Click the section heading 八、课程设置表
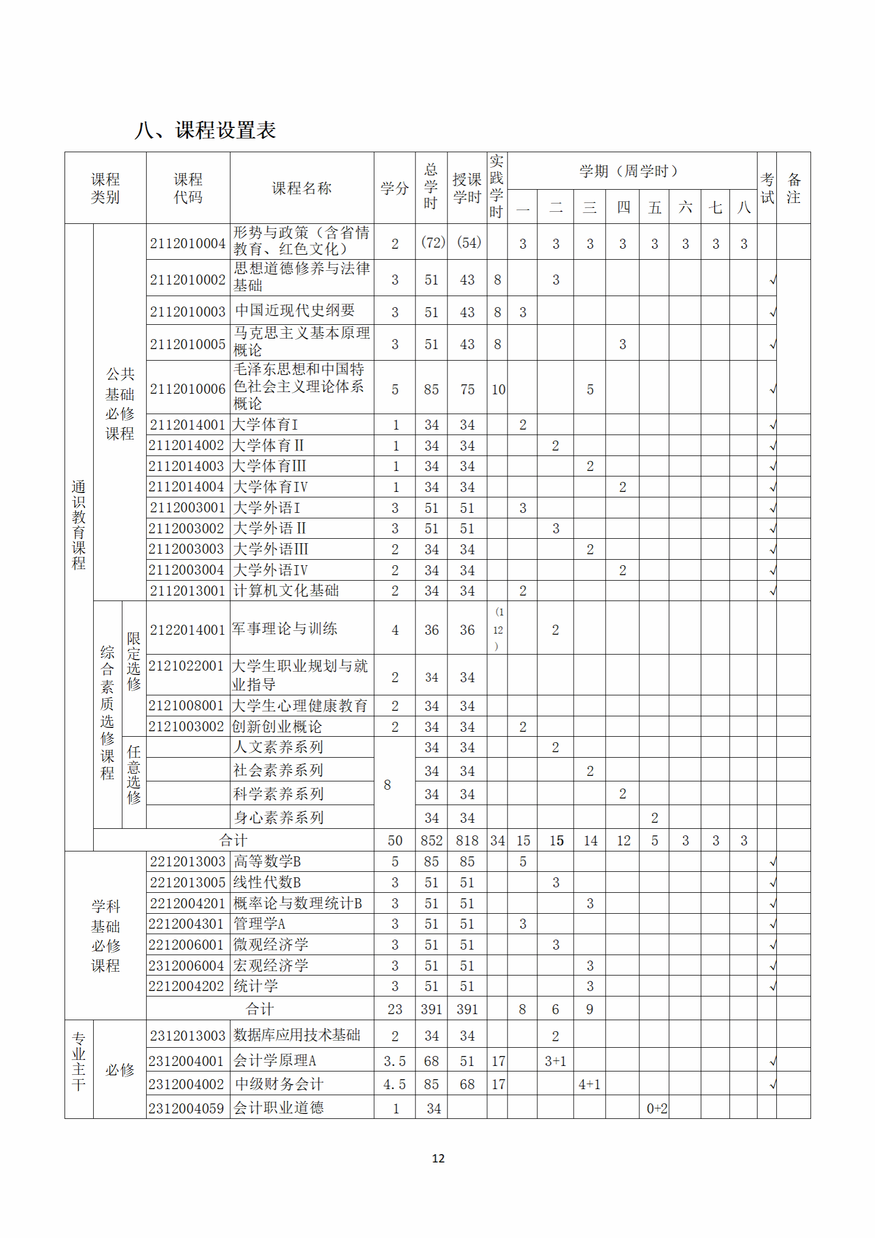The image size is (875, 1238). coord(205,130)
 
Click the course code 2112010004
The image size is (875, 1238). coord(188,243)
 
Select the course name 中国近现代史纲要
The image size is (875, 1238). coord(295,310)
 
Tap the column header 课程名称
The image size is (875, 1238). coord(302,188)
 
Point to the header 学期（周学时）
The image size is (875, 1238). coord(628,171)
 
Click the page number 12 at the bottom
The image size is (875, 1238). coord(438,1158)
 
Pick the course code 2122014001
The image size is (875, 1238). coord(188,630)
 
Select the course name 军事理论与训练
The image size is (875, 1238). coord(285,629)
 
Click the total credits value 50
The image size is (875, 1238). coord(394,840)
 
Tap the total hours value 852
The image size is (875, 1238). coord(431,840)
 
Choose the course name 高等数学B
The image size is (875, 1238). coord(267,861)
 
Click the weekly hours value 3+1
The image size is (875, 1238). coord(555,1061)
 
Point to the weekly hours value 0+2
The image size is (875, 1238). coord(657,1108)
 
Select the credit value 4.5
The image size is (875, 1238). coord(394,1085)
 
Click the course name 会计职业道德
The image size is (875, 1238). coord(278,1108)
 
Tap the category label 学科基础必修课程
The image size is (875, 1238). coord(105,936)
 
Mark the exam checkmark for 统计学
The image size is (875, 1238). coord(773,986)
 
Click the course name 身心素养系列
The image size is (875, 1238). coord(278,817)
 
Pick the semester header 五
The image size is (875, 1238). coord(654,207)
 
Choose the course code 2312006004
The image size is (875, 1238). coord(186,966)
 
